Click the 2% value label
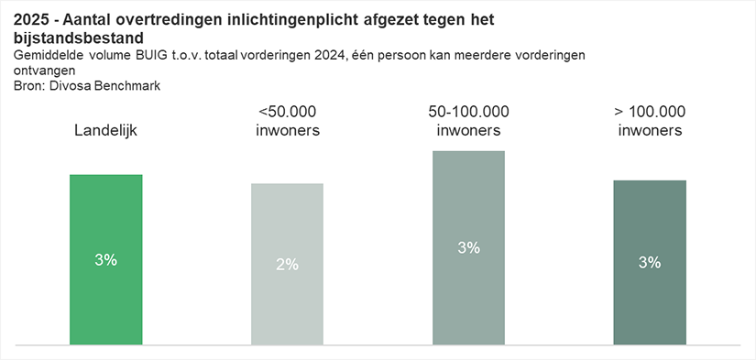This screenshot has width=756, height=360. pyautogui.click(x=287, y=265)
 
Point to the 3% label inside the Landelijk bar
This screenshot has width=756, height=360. pyautogui.click(x=106, y=260)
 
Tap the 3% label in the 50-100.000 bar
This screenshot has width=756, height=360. pyautogui.click(x=468, y=247)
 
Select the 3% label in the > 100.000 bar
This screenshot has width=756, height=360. pyautogui.click(x=650, y=263)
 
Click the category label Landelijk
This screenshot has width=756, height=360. pyautogui.click(x=105, y=131)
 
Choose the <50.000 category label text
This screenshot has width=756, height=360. pyautogui.click(x=287, y=112)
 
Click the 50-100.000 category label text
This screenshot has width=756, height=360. pyautogui.click(x=468, y=112)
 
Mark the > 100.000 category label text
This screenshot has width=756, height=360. pyautogui.click(x=650, y=112)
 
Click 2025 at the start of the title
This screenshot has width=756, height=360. pyautogui.click(x=32, y=20)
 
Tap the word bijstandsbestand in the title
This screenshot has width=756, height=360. pyautogui.click(x=78, y=39)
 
